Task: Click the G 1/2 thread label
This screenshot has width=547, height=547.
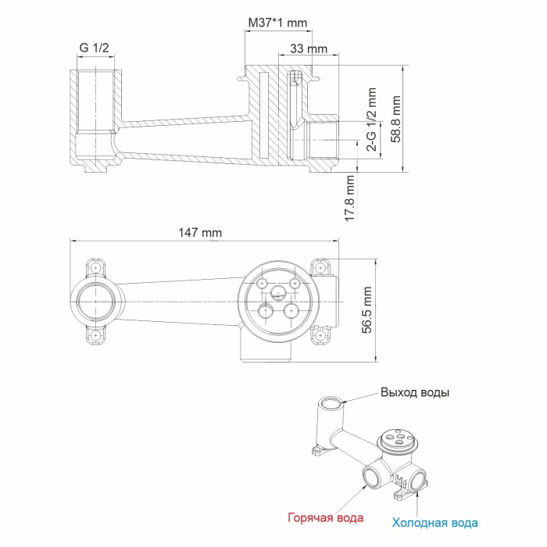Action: coord(95,48)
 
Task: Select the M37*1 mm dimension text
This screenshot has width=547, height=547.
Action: coord(277,23)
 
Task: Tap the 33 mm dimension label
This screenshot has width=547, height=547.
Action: coord(309,48)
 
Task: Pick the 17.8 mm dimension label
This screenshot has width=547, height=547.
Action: coord(349,199)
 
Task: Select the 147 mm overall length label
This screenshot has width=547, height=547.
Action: coord(201,232)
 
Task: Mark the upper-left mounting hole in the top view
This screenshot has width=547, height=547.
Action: coord(96,266)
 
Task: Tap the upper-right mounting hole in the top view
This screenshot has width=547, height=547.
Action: coord(320,266)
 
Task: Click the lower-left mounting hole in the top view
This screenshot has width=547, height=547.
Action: coord(96,335)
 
